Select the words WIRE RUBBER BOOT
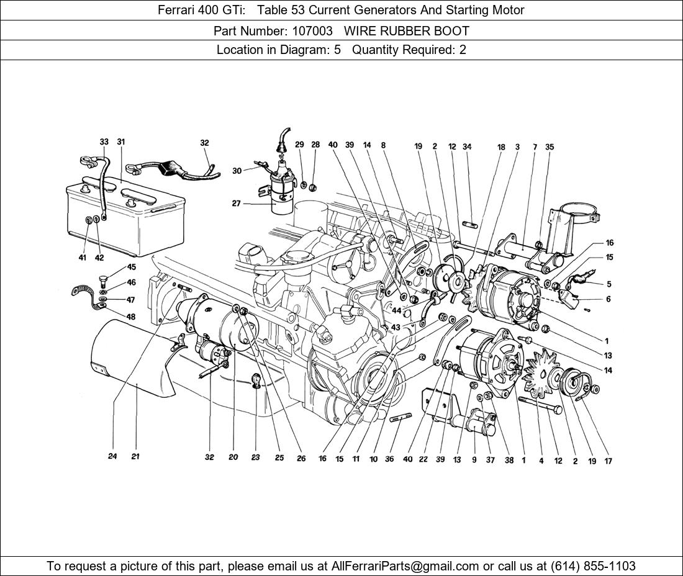tap(407, 30)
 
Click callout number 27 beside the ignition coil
tap(236, 204)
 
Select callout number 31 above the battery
tap(120, 142)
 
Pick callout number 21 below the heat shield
tap(135, 456)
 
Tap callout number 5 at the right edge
tap(608, 284)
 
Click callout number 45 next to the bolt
tap(131, 268)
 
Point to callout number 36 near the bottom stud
tap(389, 460)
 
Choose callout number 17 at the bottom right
tap(608, 461)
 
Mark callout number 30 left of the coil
tap(237, 171)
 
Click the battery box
tap(124, 217)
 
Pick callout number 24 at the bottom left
tap(112, 456)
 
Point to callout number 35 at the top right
tap(549, 147)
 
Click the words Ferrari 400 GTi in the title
tap(198, 10)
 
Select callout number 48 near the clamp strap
tap(131, 317)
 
